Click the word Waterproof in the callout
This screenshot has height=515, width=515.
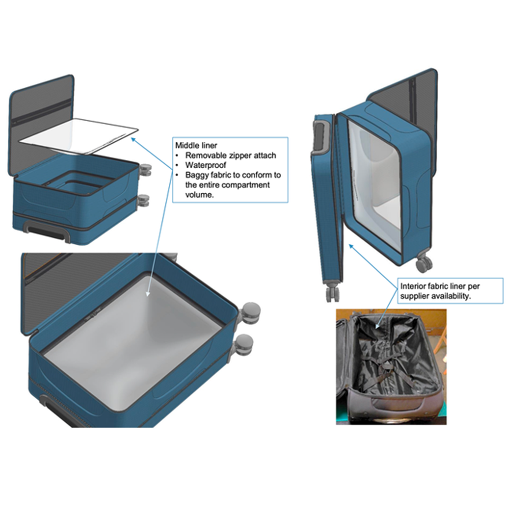[x=205, y=165]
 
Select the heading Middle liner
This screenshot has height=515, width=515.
[x=196, y=145]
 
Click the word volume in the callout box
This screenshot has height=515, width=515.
[x=199, y=195]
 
